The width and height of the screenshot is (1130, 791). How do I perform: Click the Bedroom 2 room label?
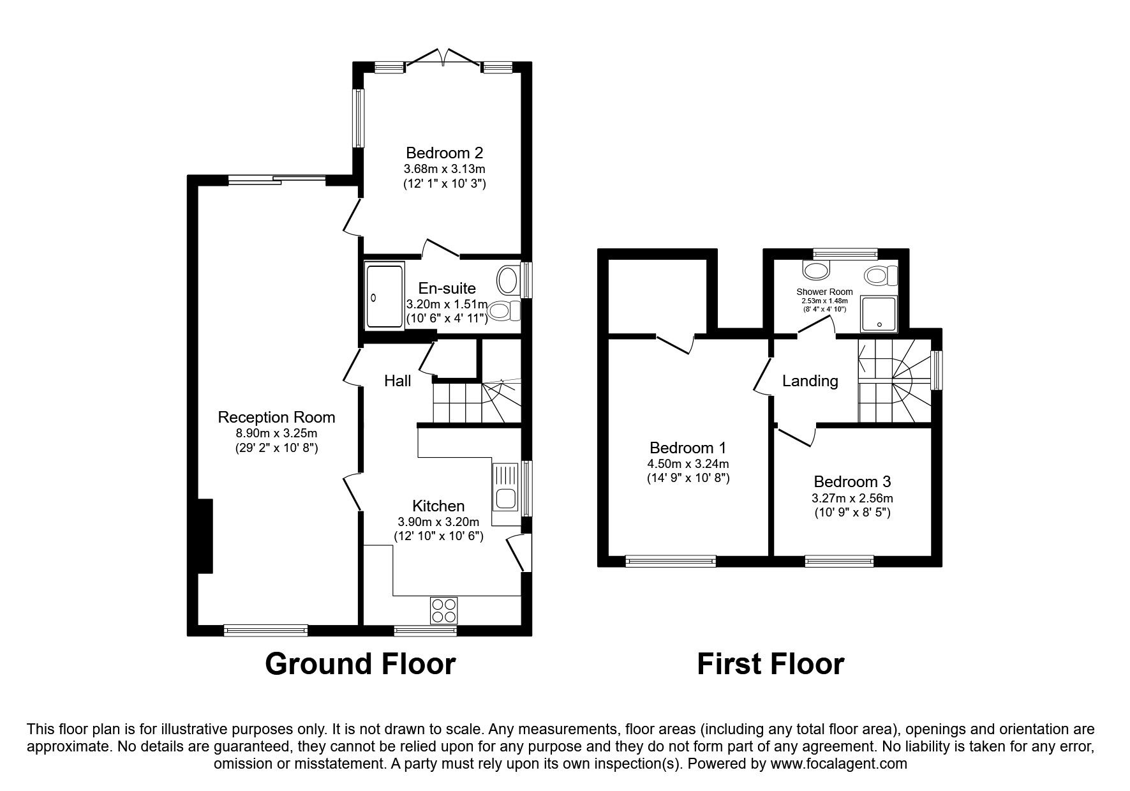[x=444, y=153]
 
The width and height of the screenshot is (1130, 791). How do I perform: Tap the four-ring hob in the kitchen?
[x=443, y=610]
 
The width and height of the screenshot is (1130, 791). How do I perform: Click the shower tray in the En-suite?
[x=384, y=297]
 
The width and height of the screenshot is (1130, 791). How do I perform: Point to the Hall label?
[x=397, y=381]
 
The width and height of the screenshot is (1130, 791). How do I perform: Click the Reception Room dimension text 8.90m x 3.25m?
[x=276, y=433]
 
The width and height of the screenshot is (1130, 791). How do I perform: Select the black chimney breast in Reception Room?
[x=205, y=536]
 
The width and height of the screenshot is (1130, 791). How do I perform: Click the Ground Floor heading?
[x=360, y=664]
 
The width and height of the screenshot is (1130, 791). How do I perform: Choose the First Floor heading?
[x=770, y=664]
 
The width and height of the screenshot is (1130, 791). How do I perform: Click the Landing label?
[x=810, y=381]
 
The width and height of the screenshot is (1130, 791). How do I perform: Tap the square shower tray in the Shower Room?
[x=879, y=313]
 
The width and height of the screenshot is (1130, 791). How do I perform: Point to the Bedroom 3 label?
[x=852, y=481]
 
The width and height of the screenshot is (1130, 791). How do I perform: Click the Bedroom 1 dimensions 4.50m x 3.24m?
[x=688, y=464]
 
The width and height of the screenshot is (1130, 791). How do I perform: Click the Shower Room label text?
[x=824, y=292]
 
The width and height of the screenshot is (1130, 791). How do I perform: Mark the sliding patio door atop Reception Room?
[x=278, y=180]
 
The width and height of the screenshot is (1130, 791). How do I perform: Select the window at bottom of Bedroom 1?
[x=671, y=561]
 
